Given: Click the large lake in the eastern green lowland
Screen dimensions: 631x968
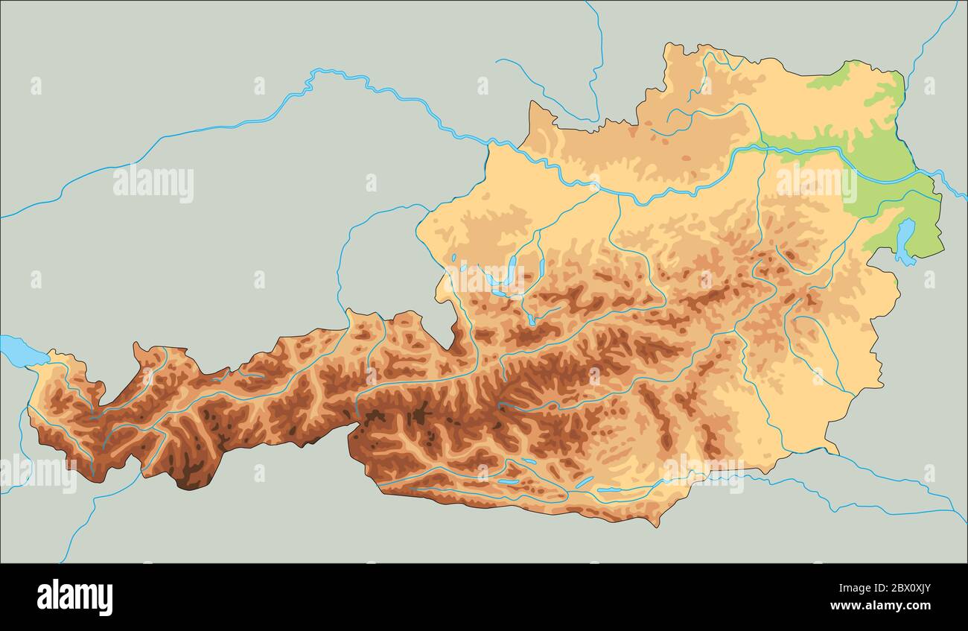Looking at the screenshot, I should pyautogui.click(x=904, y=241).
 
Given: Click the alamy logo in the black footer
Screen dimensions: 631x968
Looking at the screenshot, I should pyautogui.click(x=74, y=597).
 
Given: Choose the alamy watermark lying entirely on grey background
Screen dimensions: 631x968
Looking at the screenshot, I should pyautogui.click(x=153, y=184).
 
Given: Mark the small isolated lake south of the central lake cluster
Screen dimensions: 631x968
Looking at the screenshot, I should pyautogui.click(x=529, y=320).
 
